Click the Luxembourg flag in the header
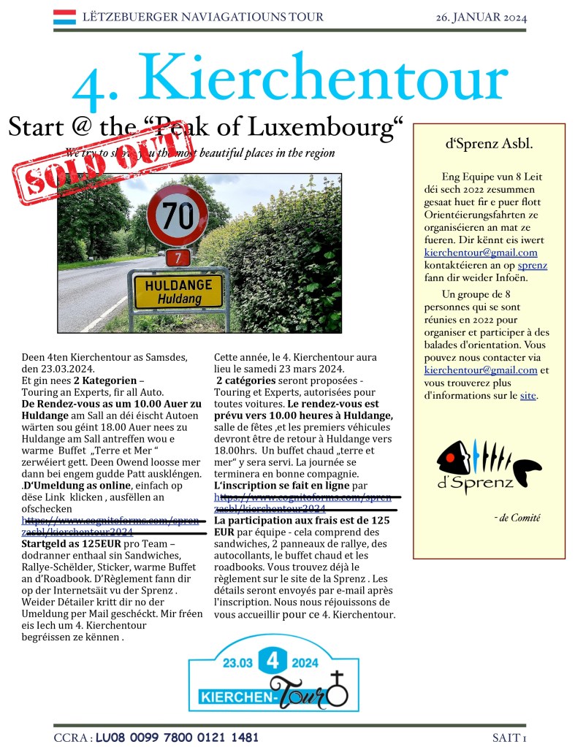point(64,17)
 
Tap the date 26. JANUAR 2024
point(481,18)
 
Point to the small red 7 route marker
point(177,257)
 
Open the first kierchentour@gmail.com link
point(481,253)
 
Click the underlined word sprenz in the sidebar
point(532,265)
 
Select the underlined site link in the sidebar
point(528,396)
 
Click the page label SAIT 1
point(509,738)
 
